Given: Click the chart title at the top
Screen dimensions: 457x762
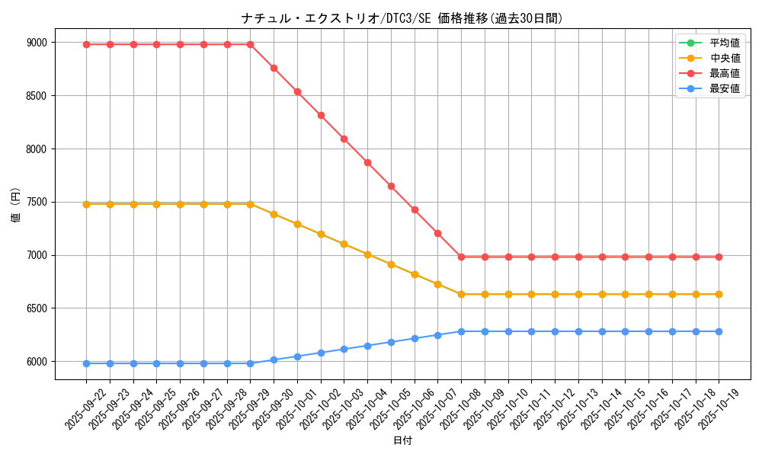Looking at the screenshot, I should point(402,18).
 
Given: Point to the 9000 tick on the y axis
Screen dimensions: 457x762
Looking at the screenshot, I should point(37,43).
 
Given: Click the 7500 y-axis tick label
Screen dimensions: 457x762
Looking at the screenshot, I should point(37,202).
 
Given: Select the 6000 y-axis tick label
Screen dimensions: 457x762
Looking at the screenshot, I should point(37,362).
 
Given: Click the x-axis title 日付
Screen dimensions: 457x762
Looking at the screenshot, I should point(402,441).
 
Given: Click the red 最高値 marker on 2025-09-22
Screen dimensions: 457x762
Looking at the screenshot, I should point(86,44).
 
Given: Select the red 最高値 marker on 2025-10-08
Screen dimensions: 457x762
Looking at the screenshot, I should point(461,257).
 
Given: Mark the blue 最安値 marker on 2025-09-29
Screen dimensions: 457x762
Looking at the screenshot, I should point(250,363).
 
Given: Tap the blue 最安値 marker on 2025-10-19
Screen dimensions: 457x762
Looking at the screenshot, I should point(719,331).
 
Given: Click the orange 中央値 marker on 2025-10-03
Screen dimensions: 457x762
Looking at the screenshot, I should point(344,244).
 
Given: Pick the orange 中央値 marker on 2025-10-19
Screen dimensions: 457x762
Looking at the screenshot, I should point(719,294).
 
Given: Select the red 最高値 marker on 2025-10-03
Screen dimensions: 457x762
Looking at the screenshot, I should point(344,139).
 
